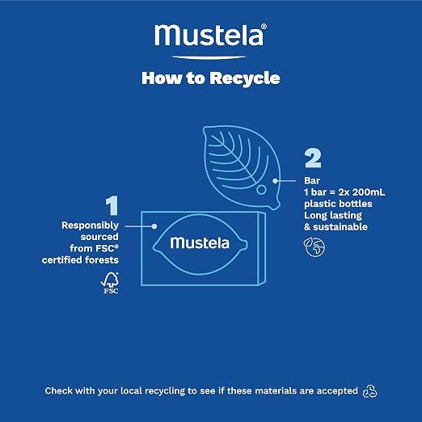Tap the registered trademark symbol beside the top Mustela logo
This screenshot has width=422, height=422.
pos(264,26)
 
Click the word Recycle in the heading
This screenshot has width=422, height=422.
pos(245,78)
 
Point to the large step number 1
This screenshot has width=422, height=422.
pos(112,205)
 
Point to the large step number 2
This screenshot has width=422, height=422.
pos(313,158)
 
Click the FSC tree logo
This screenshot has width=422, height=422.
pos(110,283)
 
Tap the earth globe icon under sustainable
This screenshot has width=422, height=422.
pos(314,247)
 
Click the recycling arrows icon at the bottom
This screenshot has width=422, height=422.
pos(369,391)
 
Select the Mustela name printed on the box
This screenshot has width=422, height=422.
pos(200,243)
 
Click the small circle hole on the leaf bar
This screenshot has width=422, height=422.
pos(261,190)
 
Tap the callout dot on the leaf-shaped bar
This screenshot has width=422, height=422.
pos(275,181)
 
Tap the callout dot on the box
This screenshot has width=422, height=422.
pos(154,226)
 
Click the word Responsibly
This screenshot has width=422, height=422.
pos(90,226)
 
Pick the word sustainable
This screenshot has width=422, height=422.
pos(340,227)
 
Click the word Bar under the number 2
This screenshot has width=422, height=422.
pos(312,180)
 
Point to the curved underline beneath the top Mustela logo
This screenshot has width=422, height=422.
pos(209,57)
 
